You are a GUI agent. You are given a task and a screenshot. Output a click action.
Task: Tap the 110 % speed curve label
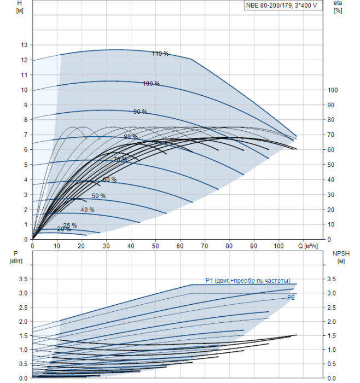click(x=160, y=54)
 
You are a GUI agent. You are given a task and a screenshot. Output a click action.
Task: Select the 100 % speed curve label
click(x=151, y=84)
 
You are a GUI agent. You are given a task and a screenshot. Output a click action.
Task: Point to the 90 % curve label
click(x=140, y=112)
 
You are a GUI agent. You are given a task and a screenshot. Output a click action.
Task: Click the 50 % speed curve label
click(x=98, y=196)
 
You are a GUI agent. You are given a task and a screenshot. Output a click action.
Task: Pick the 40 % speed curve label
click(x=88, y=210)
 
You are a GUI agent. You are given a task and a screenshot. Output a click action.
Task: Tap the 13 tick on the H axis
click(x=24, y=45)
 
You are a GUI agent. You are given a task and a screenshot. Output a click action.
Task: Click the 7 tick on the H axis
click(x=26, y=135)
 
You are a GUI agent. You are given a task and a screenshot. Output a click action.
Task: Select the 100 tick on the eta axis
click(x=333, y=90)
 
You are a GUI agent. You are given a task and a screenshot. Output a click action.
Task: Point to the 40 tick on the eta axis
click(x=330, y=180)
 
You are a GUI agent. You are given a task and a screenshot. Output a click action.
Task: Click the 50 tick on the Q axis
click(x=155, y=246)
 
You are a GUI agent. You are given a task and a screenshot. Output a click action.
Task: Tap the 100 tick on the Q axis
click(x=278, y=246)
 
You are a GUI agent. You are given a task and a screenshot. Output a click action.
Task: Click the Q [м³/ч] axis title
click(x=308, y=246)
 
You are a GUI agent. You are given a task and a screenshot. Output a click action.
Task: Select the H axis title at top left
click(x=20, y=7)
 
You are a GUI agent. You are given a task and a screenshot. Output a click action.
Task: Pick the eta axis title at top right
click(x=338, y=7)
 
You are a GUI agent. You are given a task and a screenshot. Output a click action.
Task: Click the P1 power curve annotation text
click(x=248, y=281)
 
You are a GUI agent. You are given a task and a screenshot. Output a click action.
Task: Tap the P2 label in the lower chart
click(x=291, y=298)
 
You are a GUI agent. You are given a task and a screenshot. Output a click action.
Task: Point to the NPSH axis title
click(x=341, y=257)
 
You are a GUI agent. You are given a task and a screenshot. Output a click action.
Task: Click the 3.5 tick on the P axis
click(x=23, y=279)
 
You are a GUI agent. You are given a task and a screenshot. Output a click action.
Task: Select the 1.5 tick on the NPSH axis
click(x=332, y=335)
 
